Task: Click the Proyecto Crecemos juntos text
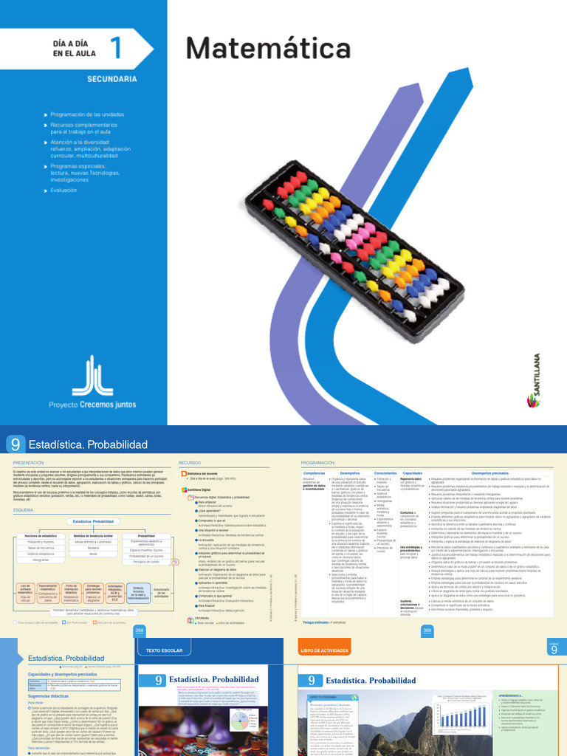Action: (x=92, y=405)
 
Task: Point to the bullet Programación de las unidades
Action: (x=87, y=114)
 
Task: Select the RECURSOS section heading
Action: (x=190, y=463)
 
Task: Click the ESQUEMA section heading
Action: (x=23, y=509)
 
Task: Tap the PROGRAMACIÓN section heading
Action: (x=317, y=463)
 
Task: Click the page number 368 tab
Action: (x=140, y=630)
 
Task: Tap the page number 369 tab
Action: (x=427, y=630)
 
